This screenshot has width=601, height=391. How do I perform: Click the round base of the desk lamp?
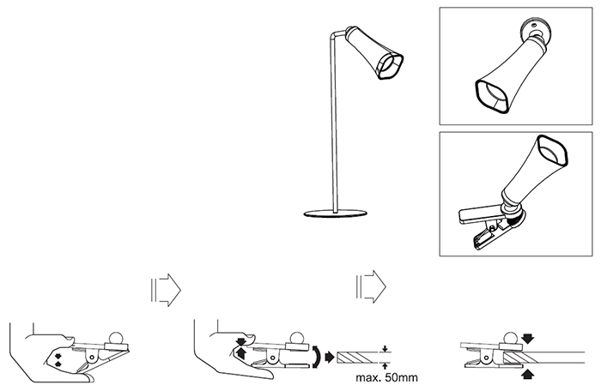click(x=334, y=212)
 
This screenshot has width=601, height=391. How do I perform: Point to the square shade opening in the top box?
click(x=490, y=97)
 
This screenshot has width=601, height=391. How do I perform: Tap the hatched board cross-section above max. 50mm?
click(x=360, y=356)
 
